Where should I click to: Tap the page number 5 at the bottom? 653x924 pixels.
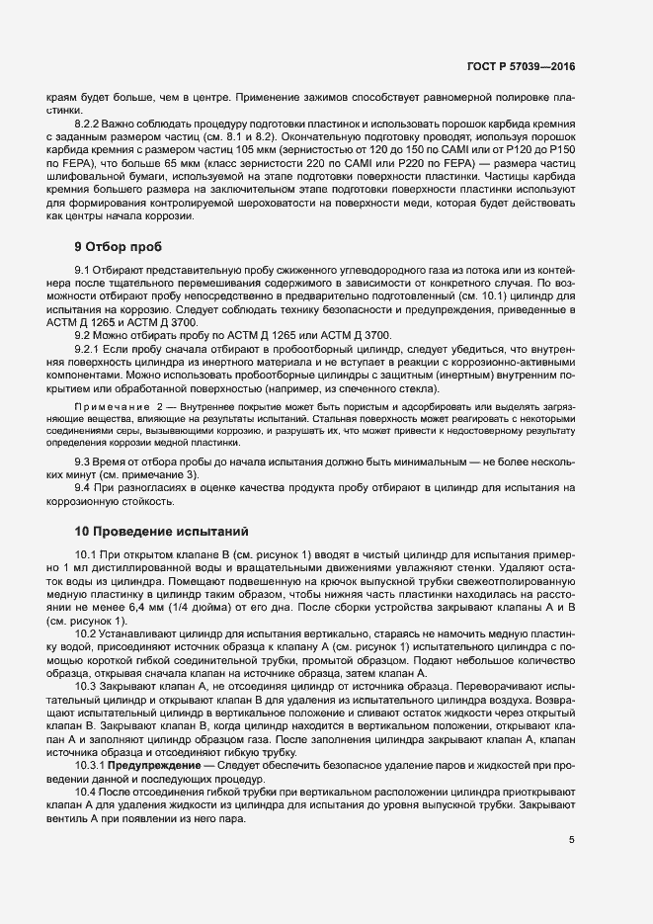click(x=571, y=841)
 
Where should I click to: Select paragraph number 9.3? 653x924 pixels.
click(x=83, y=462)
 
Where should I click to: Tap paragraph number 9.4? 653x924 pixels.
click(x=83, y=488)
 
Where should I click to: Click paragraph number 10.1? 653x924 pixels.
click(x=86, y=555)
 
